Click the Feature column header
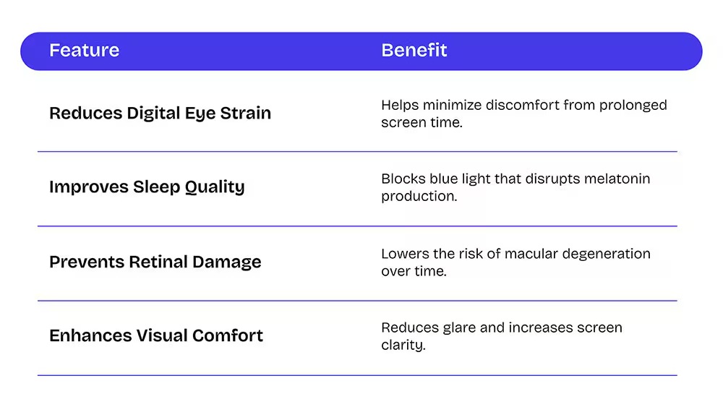point(85,50)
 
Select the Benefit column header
point(414,50)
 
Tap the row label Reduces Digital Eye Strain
point(160,113)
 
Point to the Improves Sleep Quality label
point(147,187)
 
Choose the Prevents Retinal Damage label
point(155,262)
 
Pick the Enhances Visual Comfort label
point(156,335)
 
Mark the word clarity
point(403,346)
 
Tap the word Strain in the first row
point(245,113)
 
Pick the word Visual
point(162,335)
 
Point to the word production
point(419,197)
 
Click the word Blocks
point(403,179)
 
